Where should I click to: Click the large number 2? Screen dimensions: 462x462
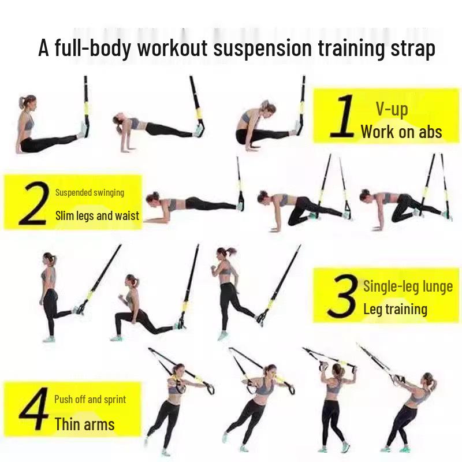click(33, 203)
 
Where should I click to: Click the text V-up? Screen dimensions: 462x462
click(392, 109)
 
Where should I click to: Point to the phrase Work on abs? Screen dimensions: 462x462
click(401, 132)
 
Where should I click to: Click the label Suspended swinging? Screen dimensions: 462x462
click(90, 192)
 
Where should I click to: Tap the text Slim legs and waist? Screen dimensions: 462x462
click(97, 216)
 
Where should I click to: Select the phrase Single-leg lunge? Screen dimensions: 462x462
click(408, 286)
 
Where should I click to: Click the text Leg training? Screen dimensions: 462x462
click(395, 309)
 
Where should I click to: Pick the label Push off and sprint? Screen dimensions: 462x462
click(90, 400)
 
